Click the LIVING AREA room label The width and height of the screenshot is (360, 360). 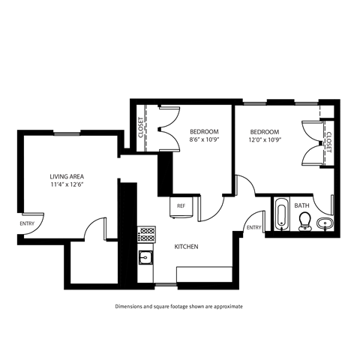pyautogui.click(x=65, y=174)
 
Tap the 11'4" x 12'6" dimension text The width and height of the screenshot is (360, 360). pyautogui.click(x=65, y=183)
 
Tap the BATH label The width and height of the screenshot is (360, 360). pyautogui.click(x=301, y=205)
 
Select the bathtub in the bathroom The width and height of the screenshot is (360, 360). pyautogui.click(x=281, y=214)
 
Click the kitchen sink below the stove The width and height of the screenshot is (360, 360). pyautogui.click(x=146, y=259)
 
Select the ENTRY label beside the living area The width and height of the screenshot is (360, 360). pyautogui.click(x=28, y=223)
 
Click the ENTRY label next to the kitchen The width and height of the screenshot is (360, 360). pyautogui.click(x=253, y=227)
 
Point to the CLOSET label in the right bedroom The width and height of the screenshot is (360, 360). pyautogui.click(x=328, y=142)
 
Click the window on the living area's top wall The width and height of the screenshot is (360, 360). pyautogui.click(x=67, y=134)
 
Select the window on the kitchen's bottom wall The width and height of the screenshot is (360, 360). pyautogui.click(x=166, y=286)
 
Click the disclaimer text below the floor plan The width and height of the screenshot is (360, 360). pyautogui.click(x=179, y=307)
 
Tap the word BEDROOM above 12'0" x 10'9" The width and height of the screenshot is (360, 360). pyautogui.click(x=265, y=130)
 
